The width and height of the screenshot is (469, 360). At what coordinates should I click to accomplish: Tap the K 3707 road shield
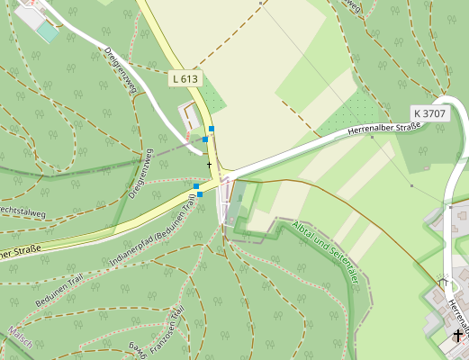tap(429, 112)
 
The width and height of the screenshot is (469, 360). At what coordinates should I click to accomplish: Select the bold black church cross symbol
tap(458, 336)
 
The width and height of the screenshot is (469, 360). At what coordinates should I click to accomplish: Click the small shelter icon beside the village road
tap(442, 283)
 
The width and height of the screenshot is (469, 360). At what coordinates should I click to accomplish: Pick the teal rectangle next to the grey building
tap(46, 31)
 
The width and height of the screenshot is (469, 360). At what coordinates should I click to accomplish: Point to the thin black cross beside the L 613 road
tap(209, 165)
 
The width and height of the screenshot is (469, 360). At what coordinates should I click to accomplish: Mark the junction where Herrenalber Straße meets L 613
tap(225, 175)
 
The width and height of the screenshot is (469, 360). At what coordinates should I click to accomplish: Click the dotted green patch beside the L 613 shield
tap(211, 94)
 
